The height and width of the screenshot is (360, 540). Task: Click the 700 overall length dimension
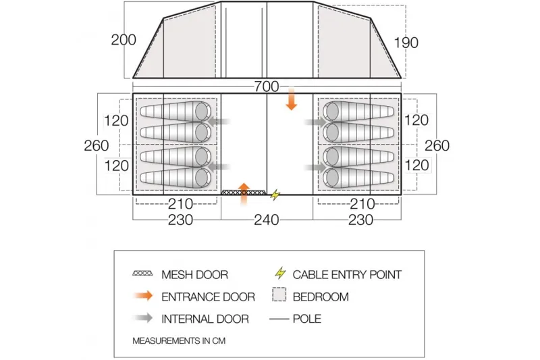point(268,86)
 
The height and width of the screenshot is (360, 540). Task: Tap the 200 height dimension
point(124,40)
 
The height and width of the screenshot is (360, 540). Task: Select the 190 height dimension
point(405,43)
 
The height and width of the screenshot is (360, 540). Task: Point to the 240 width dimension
point(267,220)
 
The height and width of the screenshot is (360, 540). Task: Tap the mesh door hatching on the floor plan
point(242,193)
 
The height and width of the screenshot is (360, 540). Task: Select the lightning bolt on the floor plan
point(275,195)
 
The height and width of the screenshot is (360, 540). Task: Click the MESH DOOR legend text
point(194,275)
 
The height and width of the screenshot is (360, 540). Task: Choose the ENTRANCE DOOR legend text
point(208,297)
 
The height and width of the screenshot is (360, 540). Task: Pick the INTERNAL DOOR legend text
point(205,319)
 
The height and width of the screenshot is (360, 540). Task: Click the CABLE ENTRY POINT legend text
point(347,275)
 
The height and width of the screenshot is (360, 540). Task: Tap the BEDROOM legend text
point(321,297)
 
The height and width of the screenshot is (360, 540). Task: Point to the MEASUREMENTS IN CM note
point(178,340)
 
